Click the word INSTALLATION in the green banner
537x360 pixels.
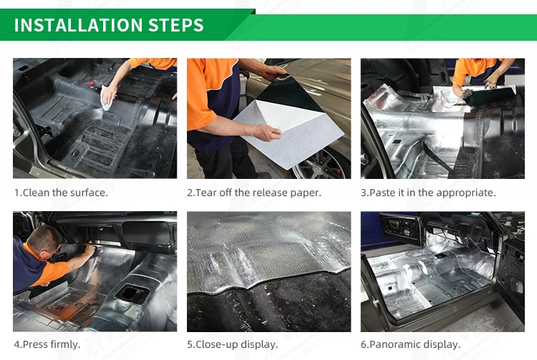[x=79, y=25]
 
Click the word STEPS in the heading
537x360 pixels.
[x=176, y=25]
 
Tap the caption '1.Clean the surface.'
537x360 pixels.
[x=61, y=193]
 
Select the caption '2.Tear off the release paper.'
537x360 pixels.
[x=254, y=193]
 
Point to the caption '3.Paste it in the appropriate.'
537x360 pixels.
[x=428, y=193]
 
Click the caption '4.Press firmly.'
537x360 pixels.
[x=47, y=344]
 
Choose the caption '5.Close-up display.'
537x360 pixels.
[x=232, y=344]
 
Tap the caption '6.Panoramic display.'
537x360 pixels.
[x=410, y=344]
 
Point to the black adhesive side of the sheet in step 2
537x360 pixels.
[x=289, y=92]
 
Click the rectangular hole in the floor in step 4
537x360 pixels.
[x=132, y=293]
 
